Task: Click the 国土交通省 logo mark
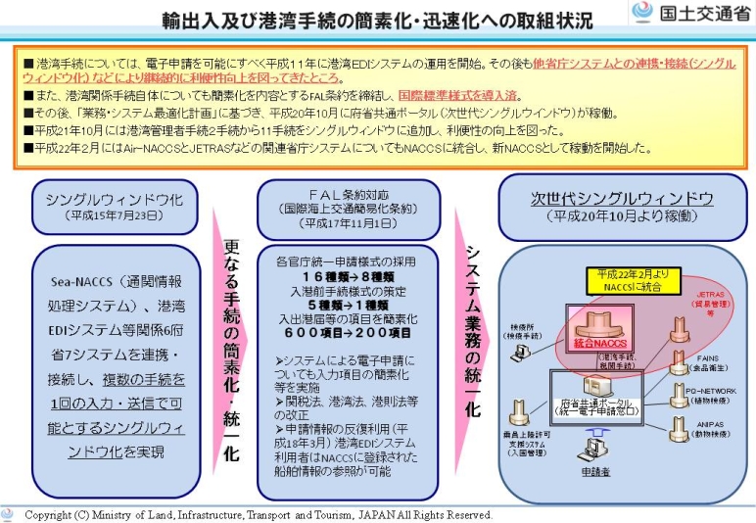click(643, 13)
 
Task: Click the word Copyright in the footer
click(48, 514)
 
